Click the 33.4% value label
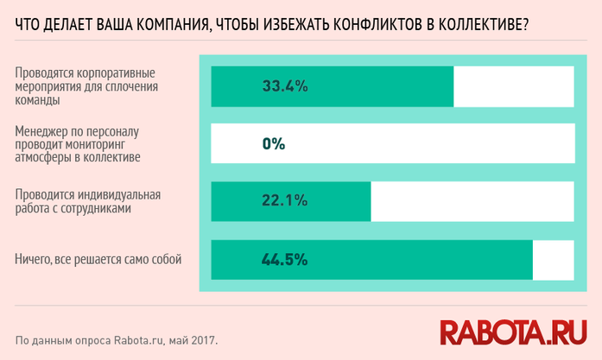[x=285, y=86]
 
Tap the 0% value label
[x=274, y=144]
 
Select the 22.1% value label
[x=285, y=201]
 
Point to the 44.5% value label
[x=285, y=259]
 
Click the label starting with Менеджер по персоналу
[x=83, y=144]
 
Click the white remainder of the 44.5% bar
[x=554, y=259]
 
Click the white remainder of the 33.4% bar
[x=514, y=86]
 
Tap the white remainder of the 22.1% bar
[x=472, y=201]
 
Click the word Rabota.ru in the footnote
[x=141, y=339]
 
